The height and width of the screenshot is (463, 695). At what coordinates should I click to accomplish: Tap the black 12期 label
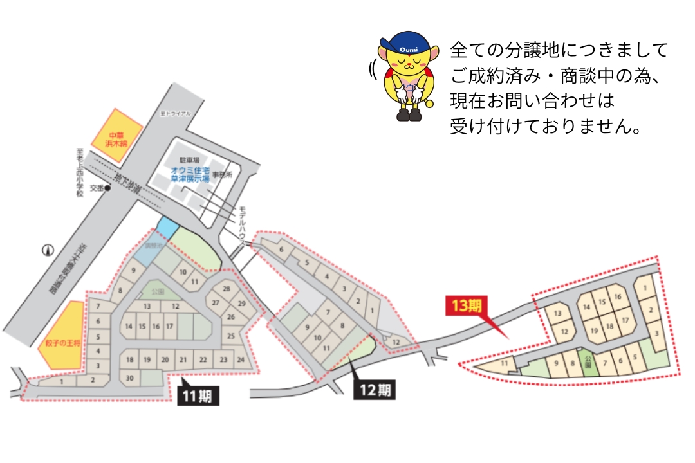click(x=374, y=389)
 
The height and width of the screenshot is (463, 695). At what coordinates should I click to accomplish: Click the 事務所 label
click(x=221, y=175)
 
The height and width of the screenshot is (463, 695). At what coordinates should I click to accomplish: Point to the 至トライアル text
click(x=175, y=114)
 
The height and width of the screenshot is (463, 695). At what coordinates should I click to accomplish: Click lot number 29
click(x=241, y=303)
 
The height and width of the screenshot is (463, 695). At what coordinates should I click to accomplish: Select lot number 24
click(x=241, y=359)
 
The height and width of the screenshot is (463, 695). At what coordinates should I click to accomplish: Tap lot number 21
click(x=183, y=359)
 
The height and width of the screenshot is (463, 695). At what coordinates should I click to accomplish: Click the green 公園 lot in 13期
click(x=587, y=363)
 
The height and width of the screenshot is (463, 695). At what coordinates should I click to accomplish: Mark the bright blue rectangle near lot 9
click(x=167, y=226)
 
